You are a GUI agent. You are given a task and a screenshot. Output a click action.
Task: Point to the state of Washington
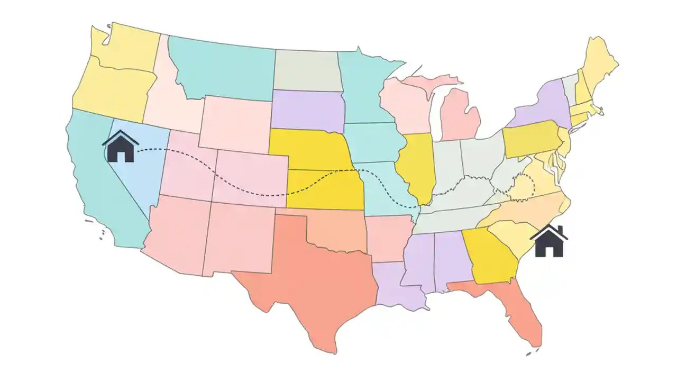point(127,48)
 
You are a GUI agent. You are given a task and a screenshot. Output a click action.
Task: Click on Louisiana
point(397,286)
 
